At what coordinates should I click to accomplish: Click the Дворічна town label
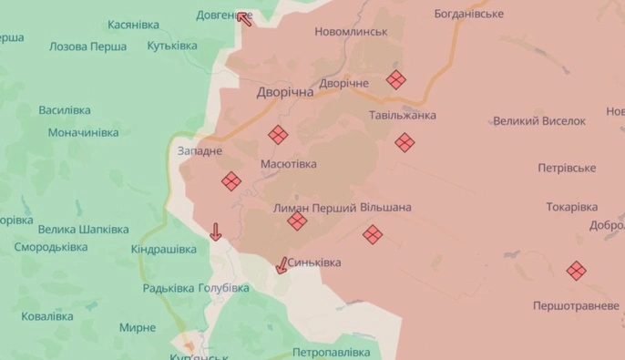pos(285,93)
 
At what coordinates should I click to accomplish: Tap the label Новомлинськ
pos(351,32)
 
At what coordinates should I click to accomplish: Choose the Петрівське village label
pos(566,168)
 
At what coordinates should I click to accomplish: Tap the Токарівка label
pos(572,207)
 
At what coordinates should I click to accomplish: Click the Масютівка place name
pos(289,164)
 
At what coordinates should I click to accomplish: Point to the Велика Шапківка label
pos(84,229)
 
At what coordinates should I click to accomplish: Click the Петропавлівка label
pos(332,351)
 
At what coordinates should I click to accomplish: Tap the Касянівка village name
pos(134,25)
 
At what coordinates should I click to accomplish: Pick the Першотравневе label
pos(577,305)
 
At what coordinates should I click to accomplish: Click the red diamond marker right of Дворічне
pos(395,79)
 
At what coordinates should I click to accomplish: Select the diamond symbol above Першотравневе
pos(576,270)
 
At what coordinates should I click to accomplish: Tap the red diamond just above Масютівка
pos(278,135)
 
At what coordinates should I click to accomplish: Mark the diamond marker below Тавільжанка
pos(404,142)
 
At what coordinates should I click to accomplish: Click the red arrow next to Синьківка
pos(282,265)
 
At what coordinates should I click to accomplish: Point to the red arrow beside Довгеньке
pos(244,16)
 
